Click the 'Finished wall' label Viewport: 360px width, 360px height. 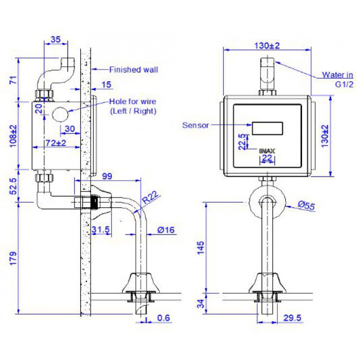point(133,70)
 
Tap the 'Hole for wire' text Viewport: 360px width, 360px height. point(133,102)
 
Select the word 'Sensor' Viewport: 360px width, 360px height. point(196,125)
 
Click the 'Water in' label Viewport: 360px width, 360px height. point(337,74)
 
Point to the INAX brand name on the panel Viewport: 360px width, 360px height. point(267,151)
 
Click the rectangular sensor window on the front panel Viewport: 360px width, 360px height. point(267,128)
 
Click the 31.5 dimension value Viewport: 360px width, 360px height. point(100,230)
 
